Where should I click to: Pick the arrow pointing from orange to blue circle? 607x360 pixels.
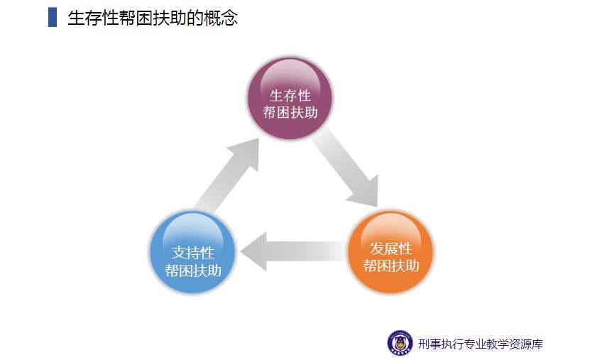click(x=291, y=251)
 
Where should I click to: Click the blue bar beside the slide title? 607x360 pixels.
click(x=53, y=17)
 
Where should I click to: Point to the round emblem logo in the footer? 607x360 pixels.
click(x=400, y=343)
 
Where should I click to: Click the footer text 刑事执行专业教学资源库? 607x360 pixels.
click(x=481, y=344)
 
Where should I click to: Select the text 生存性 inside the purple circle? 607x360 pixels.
click(x=290, y=95)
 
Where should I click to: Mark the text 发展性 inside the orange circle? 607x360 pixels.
click(x=391, y=249)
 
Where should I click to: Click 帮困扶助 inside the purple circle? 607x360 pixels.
click(x=290, y=112)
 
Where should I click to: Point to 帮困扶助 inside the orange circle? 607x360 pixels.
click(x=391, y=266)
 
